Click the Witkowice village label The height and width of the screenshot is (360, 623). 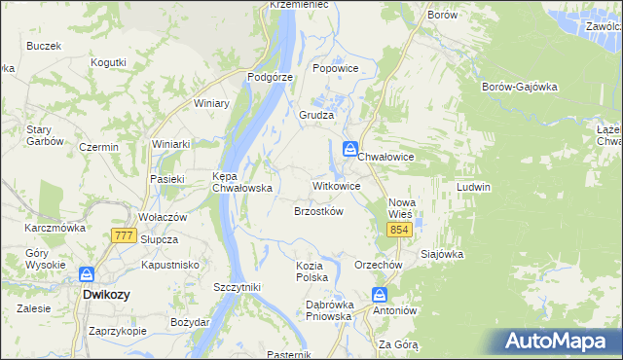(x=336, y=185)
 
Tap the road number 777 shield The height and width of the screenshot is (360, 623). (x=123, y=236)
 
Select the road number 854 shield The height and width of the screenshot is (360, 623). (x=398, y=230)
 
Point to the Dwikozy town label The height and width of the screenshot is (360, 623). (x=107, y=293)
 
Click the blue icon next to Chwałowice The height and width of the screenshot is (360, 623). (x=348, y=149)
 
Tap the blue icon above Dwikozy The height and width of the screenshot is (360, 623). (x=87, y=274)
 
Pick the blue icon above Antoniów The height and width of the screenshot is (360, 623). (x=380, y=295)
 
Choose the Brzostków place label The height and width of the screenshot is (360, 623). (x=318, y=211)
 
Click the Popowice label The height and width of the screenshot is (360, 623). (x=336, y=69)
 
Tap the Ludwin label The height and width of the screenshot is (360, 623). (x=473, y=186)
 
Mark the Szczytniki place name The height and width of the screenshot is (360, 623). (x=237, y=287)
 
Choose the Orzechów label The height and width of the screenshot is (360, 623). (x=379, y=265)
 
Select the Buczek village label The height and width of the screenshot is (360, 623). (x=45, y=46)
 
